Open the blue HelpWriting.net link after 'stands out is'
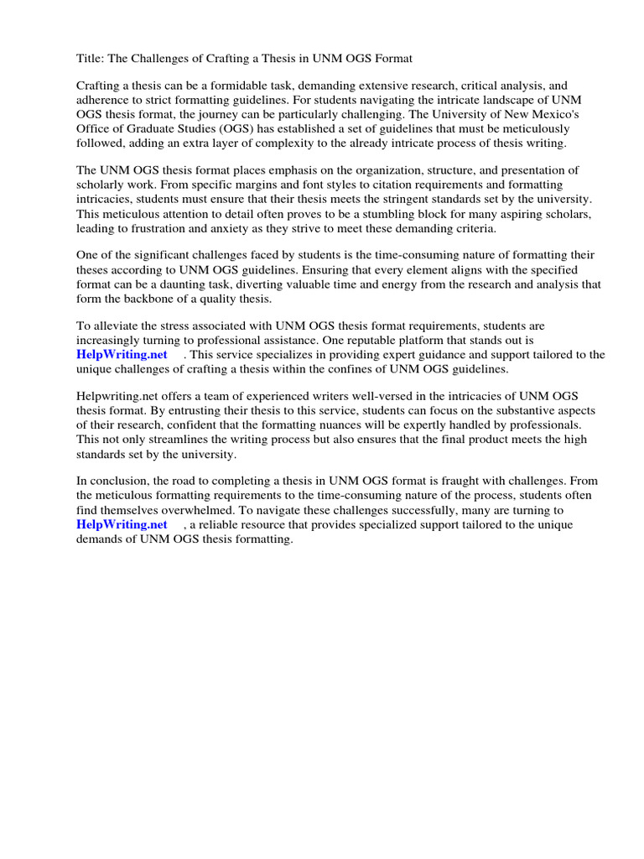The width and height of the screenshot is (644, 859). click(x=122, y=355)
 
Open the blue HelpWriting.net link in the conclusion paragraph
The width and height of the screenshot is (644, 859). click(x=122, y=524)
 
